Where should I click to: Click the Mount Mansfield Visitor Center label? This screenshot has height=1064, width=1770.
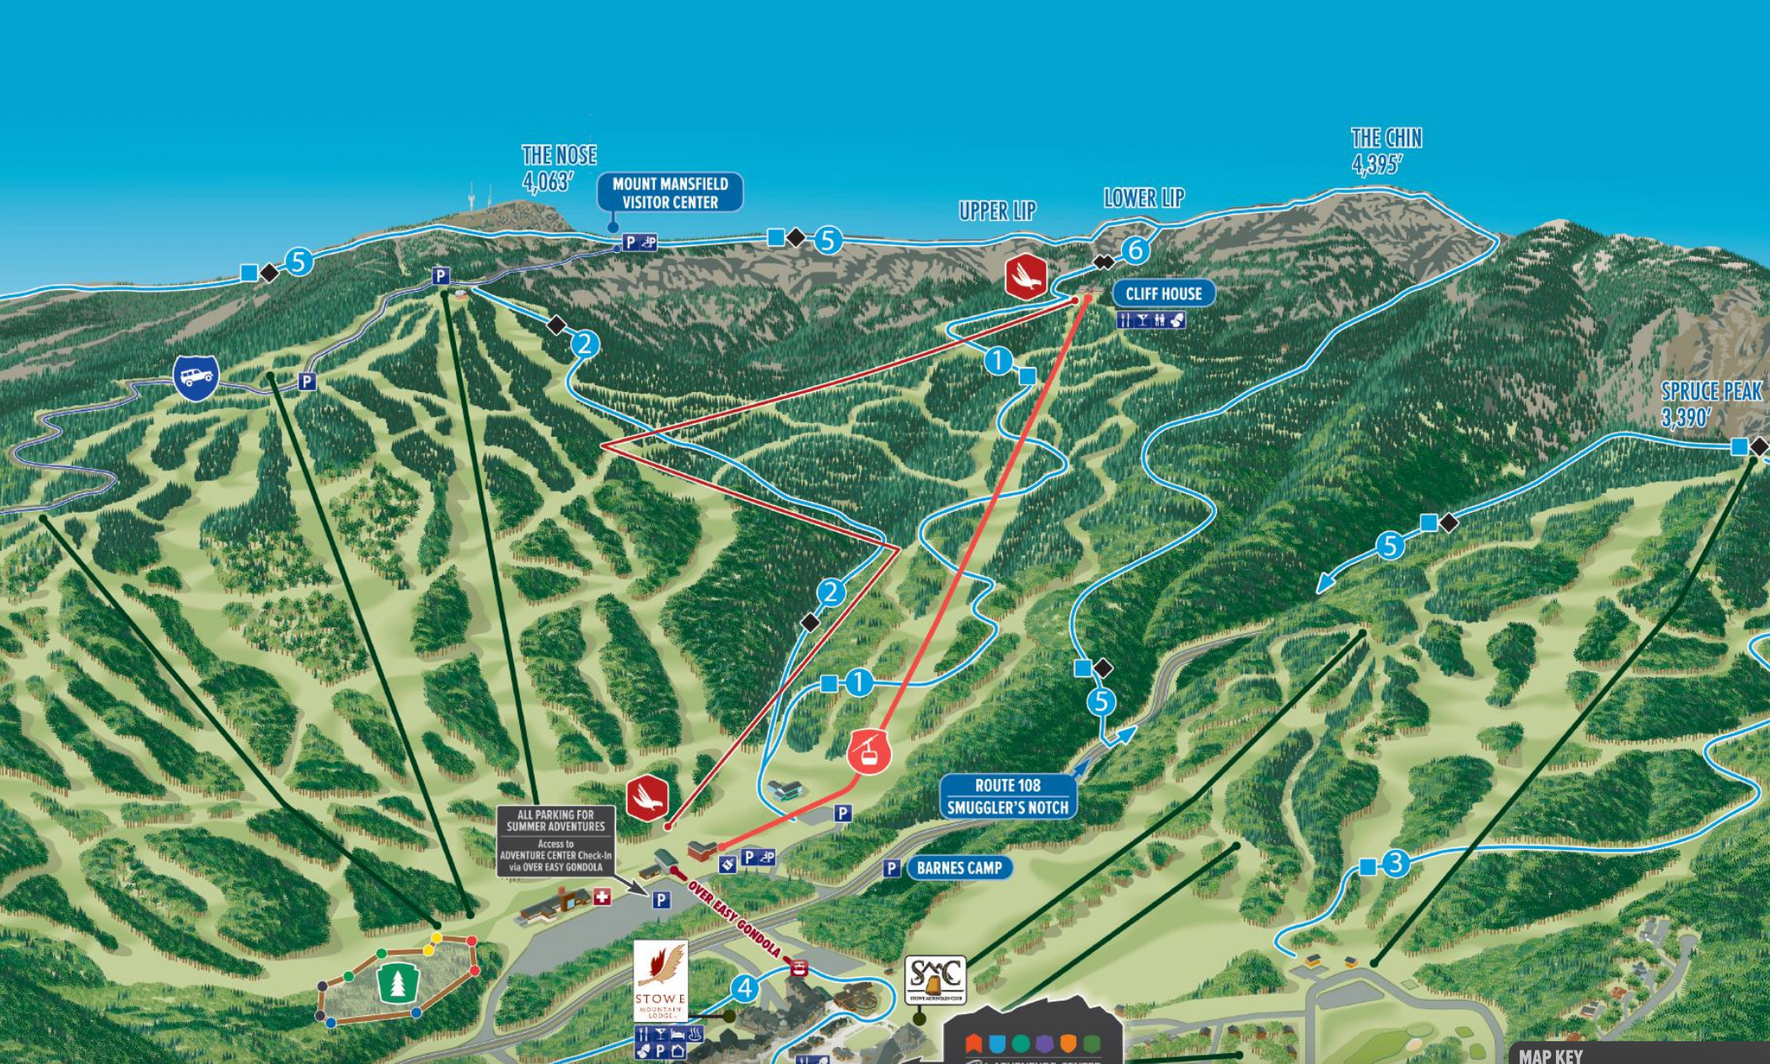(x=670, y=193)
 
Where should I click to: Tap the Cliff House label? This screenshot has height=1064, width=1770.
(x=1163, y=293)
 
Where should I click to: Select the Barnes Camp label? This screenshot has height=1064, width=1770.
(x=959, y=868)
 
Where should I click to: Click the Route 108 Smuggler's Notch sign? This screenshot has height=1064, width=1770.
(x=1007, y=797)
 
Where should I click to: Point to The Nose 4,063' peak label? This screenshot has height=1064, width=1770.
(x=559, y=167)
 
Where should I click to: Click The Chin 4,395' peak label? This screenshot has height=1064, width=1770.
(x=1386, y=150)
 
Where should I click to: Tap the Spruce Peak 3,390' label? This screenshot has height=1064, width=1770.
(x=1711, y=403)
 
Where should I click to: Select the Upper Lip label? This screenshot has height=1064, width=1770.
(x=997, y=211)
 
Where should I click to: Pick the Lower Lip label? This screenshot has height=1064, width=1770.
(x=1144, y=198)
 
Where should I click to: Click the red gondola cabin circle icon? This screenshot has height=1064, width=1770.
(x=869, y=751)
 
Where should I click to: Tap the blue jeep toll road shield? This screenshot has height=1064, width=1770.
(x=196, y=377)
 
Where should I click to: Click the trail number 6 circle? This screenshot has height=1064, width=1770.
(x=1135, y=250)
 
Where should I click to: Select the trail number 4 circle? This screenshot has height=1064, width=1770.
(x=743, y=988)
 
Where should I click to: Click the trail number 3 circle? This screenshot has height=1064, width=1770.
(x=1396, y=862)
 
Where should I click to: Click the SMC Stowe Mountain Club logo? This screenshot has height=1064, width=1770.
(x=935, y=979)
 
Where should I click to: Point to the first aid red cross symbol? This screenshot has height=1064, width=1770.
(x=602, y=896)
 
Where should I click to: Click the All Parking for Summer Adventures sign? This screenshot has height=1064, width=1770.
(x=555, y=841)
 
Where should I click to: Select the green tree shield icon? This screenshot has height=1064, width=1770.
(x=398, y=982)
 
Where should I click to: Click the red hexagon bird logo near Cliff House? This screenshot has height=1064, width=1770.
(x=1026, y=276)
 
